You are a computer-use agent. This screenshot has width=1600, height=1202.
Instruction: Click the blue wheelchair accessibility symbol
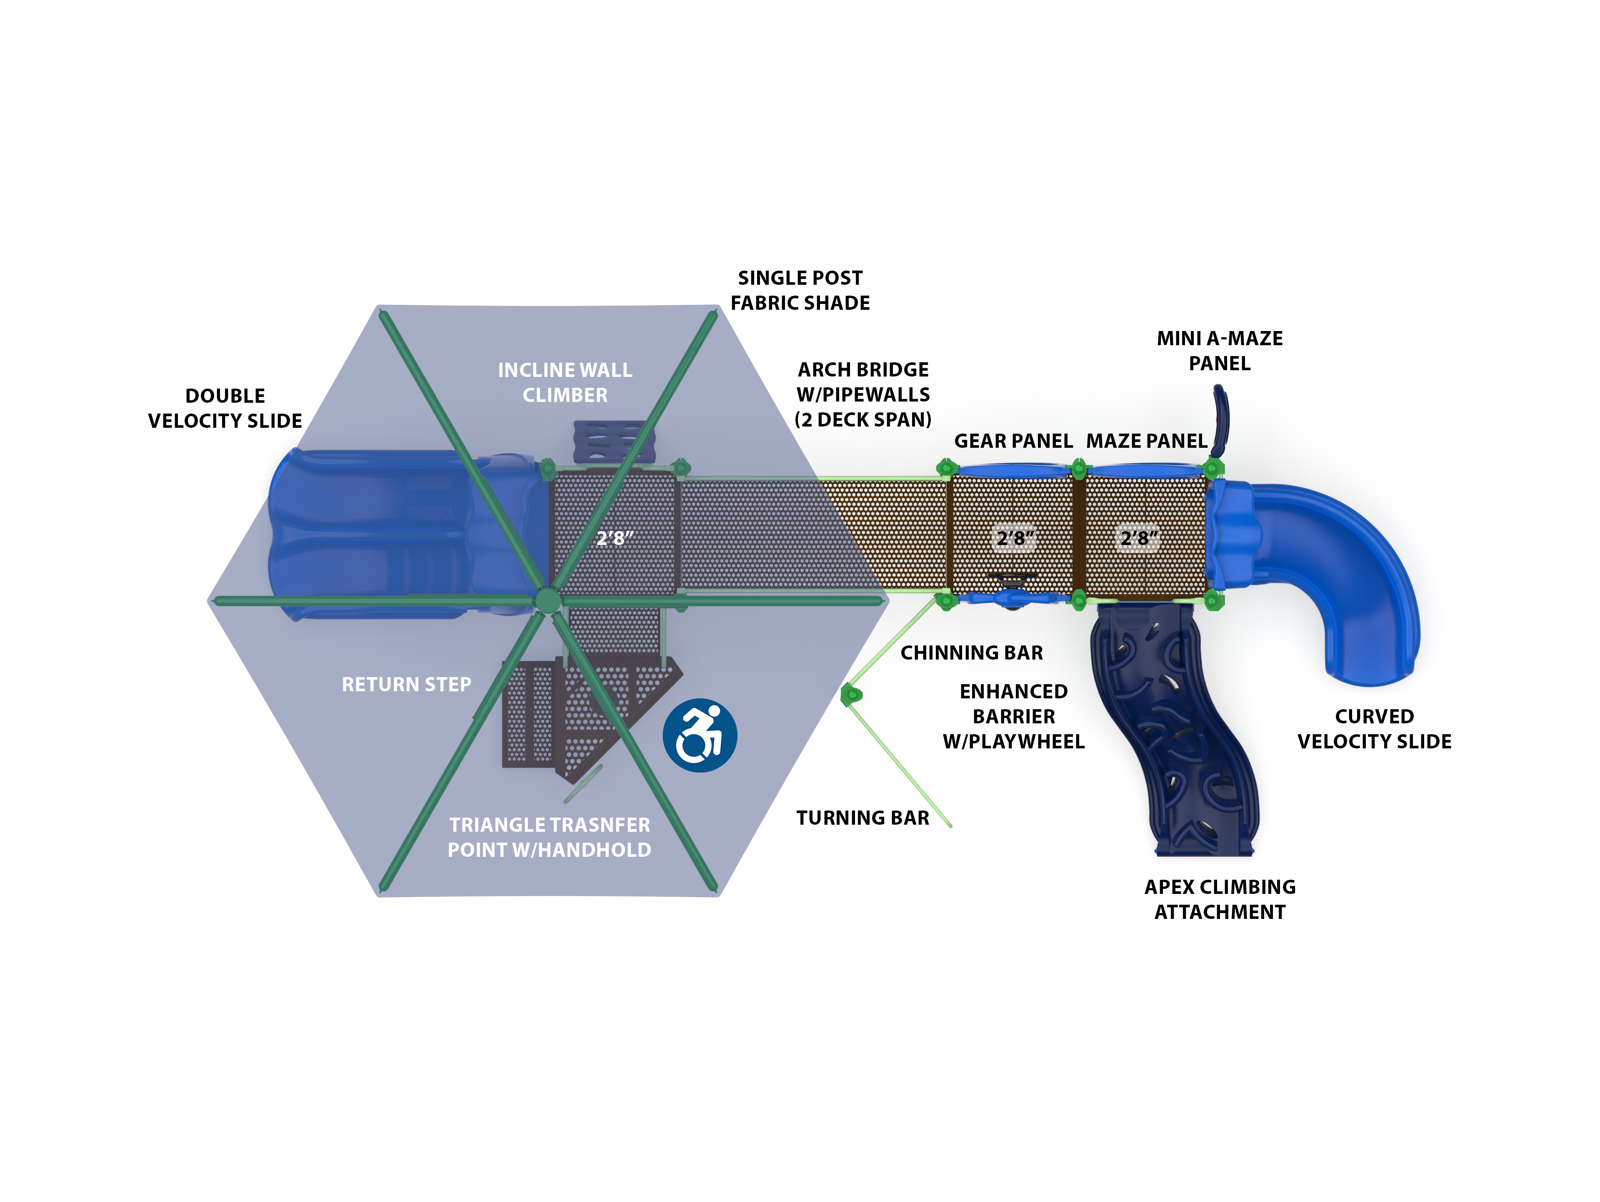tap(700, 735)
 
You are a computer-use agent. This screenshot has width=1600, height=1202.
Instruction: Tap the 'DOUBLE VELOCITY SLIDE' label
tap(225, 408)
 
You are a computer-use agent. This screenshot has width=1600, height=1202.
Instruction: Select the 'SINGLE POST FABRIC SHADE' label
tap(800, 290)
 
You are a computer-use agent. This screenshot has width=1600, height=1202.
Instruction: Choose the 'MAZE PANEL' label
tap(1147, 441)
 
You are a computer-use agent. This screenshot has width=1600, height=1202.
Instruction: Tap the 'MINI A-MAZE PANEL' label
tap(1220, 351)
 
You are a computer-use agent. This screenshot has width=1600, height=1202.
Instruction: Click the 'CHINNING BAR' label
tap(971, 653)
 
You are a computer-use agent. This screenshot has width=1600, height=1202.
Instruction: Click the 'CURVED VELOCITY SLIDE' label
tap(1374, 729)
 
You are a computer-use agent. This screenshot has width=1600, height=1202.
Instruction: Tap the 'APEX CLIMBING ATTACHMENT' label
tap(1220, 899)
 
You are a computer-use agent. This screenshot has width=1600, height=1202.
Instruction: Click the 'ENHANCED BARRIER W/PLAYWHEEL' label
tap(1013, 716)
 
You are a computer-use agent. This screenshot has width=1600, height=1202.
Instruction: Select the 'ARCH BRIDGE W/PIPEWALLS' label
tap(863, 394)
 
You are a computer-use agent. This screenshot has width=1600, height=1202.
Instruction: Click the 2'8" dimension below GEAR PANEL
tap(1015, 538)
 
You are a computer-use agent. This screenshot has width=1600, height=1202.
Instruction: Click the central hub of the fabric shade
tap(547, 600)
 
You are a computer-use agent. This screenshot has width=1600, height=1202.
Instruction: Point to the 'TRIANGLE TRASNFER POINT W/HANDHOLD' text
tap(549, 837)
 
